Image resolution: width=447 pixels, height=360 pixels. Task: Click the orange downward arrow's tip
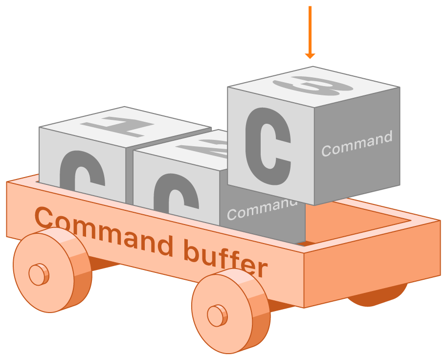click(x=310, y=58)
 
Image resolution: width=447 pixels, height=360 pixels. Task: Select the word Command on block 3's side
click(x=357, y=143)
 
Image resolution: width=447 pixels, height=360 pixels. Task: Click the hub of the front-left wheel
click(x=37, y=274)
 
